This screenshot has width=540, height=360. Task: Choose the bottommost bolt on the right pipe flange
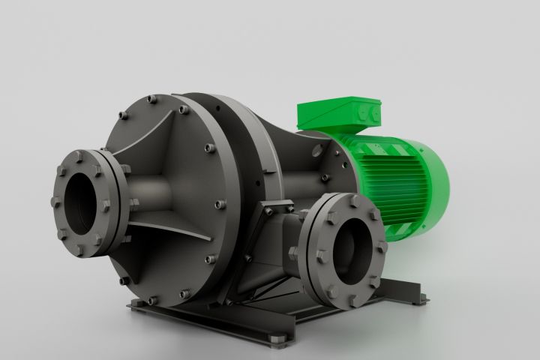(x=352, y=301)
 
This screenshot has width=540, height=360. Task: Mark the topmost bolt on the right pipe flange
(x=334, y=200)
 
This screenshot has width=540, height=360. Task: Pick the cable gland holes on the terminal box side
(x=368, y=112)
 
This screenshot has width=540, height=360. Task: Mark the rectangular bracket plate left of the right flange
(x=266, y=240)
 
